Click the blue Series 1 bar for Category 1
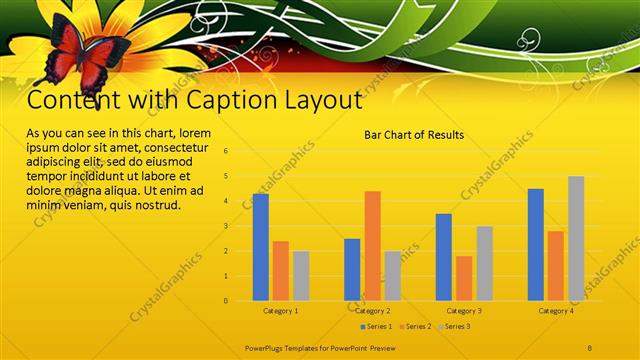tap(260, 247)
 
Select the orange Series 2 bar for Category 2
tap(372, 245)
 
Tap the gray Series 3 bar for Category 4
tap(576, 238)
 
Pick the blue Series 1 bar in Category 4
tap(536, 244)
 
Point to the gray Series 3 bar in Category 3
tap(484, 263)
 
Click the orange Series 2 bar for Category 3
tap(464, 278)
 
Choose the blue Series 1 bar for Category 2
tap(352, 269)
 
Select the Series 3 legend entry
tap(454, 327)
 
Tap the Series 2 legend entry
tap(415, 327)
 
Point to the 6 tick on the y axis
tap(226, 151)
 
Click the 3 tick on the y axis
tap(226, 226)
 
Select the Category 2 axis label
tap(372, 311)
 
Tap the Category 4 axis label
tap(556, 311)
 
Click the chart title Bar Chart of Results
tap(414, 134)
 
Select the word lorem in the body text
tap(195, 133)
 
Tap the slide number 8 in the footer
tap(591, 346)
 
